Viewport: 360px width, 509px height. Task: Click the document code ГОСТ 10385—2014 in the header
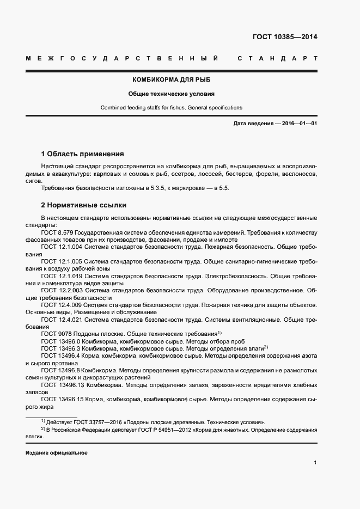pyautogui.click(x=284, y=38)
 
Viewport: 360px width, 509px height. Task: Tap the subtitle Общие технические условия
pyautogui.click(x=171, y=94)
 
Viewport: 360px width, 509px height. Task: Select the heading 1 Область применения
pyautogui.click(x=83, y=154)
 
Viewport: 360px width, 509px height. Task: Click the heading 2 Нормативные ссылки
pyautogui.click(x=84, y=205)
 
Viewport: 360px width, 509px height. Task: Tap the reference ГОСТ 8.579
pyautogui.click(x=57, y=232)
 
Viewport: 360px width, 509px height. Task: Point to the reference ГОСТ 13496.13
pyautogui.click(x=62, y=385)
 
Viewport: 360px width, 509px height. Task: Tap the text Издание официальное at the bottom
pyautogui.click(x=57, y=453)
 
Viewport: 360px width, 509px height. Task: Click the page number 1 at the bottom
pyautogui.click(x=315, y=463)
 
